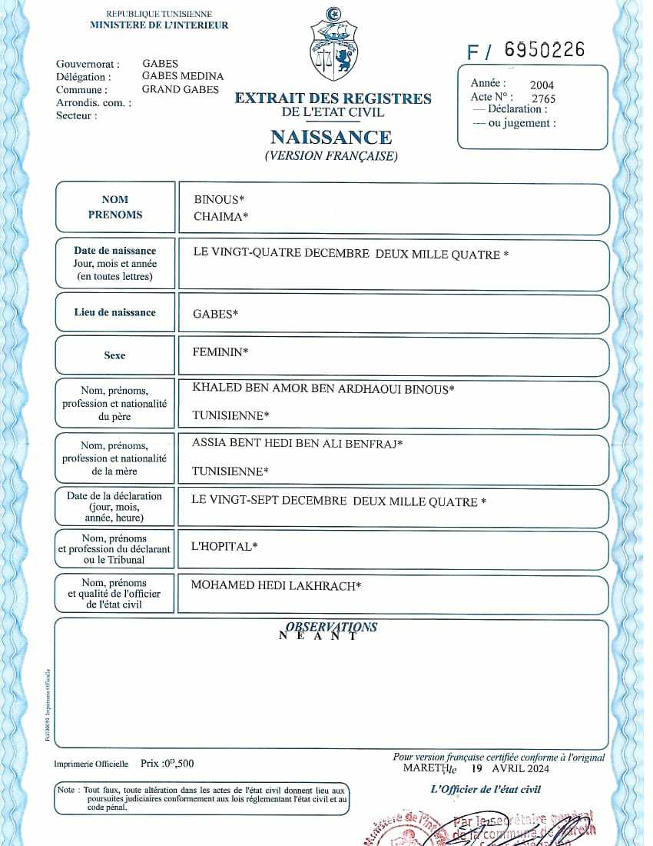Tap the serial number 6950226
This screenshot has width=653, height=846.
pos(545,50)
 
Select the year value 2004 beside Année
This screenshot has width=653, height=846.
pos(542,85)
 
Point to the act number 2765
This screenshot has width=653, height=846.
pos(543,98)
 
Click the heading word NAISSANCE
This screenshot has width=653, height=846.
pos(331,138)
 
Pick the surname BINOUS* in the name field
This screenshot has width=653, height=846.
pos(219,200)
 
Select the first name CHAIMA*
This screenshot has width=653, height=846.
pos(221,217)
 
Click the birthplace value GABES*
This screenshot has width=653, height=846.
pos(215,314)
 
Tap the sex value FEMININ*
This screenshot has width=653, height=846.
pos(220,352)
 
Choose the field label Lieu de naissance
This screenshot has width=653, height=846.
pos(114,312)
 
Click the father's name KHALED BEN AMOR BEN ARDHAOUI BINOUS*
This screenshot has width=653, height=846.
pos(323,389)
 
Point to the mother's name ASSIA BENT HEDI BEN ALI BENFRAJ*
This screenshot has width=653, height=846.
pos(297,444)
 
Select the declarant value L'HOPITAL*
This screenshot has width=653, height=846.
pos(224,547)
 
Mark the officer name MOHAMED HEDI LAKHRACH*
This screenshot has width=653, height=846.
pos(276,586)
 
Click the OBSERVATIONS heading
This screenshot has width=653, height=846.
pos(331,627)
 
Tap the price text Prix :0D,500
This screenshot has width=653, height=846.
pos(167,764)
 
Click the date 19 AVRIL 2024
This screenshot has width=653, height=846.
pos(511,768)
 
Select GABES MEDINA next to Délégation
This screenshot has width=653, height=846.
pos(183,76)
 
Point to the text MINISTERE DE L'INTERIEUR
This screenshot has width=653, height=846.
pos(159,25)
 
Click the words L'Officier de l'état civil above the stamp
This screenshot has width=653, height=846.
pos(486,789)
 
